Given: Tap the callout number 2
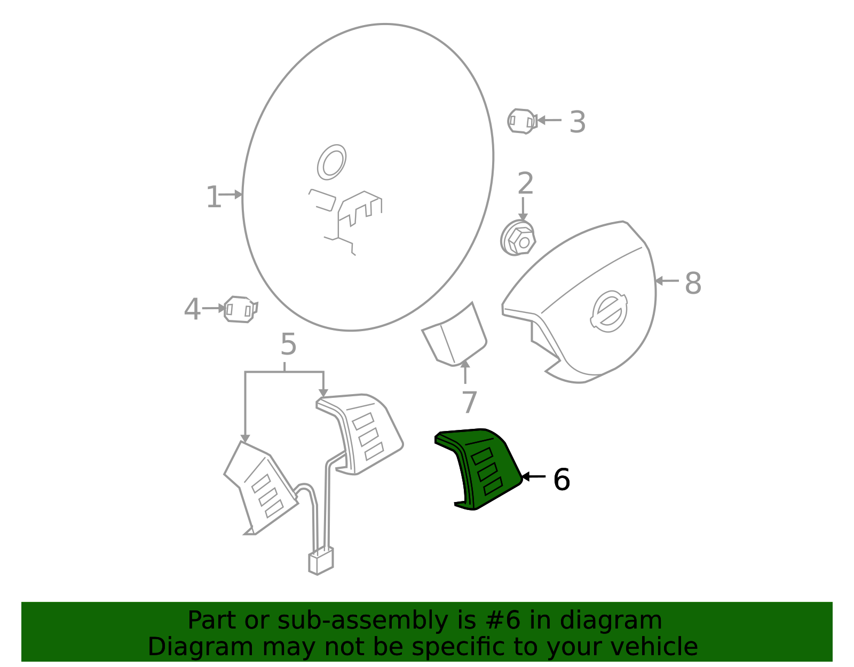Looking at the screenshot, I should (x=525, y=184).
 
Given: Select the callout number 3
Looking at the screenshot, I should (x=577, y=122).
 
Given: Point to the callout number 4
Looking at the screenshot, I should (x=192, y=310).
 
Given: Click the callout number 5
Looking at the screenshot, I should (x=288, y=344).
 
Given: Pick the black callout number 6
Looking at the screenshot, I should (x=561, y=480).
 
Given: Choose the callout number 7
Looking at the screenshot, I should (x=469, y=402).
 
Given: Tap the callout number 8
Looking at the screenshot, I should (x=692, y=283).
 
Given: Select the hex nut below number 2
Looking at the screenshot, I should (x=518, y=238).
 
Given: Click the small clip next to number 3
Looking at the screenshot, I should (x=521, y=121).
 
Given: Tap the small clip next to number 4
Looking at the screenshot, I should (x=240, y=309).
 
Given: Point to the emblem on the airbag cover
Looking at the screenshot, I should (x=609, y=311).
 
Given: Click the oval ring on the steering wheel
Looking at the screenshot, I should (x=331, y=162).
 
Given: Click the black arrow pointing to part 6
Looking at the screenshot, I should (x=533, y=476).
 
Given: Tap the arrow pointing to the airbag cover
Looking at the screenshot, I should (x=666, y=281).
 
